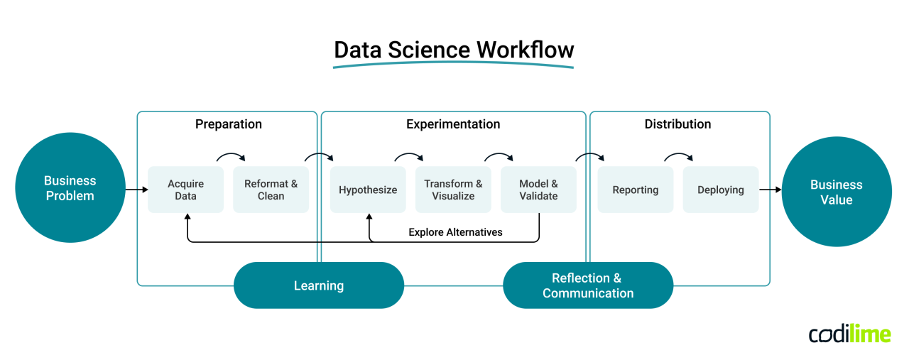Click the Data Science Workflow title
[454, 50]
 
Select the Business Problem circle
[70, 188]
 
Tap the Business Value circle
[836, 192]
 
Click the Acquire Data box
[185, 190]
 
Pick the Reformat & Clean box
[271, 190]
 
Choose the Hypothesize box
[368, 190]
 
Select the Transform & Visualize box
[453, 190]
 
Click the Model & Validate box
[538, 190]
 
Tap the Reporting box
[635, 190]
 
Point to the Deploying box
[720, 190]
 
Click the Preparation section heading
[228, 124]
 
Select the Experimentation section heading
[453, 124]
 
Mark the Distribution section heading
[677, 124]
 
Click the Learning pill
[319, 285]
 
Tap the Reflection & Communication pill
[587, 285]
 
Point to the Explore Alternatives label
[455, 232]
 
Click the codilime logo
[849, 334]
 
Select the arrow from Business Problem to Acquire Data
[136, 190]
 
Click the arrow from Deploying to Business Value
[770, 190]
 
